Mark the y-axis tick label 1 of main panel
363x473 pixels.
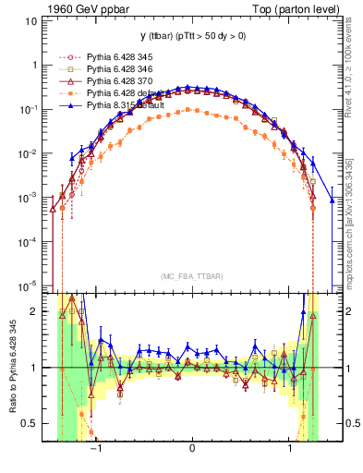pyautogui.click(x=35, y=65)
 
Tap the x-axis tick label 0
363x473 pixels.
pyautogui.click(x=191, y=453)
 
